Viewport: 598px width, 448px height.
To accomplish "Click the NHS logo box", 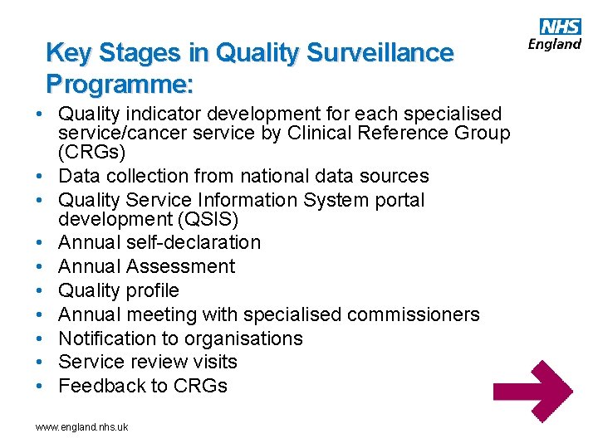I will click(561, 27).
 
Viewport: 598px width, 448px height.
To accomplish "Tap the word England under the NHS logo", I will click(556, 43).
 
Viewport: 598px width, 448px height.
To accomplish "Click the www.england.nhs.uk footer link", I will click(81, 426).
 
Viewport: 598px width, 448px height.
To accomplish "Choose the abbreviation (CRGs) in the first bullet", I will click(92, 153).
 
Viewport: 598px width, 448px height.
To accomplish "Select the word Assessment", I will click(180, 266).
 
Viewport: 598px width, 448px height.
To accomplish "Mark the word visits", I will click(214, 362).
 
